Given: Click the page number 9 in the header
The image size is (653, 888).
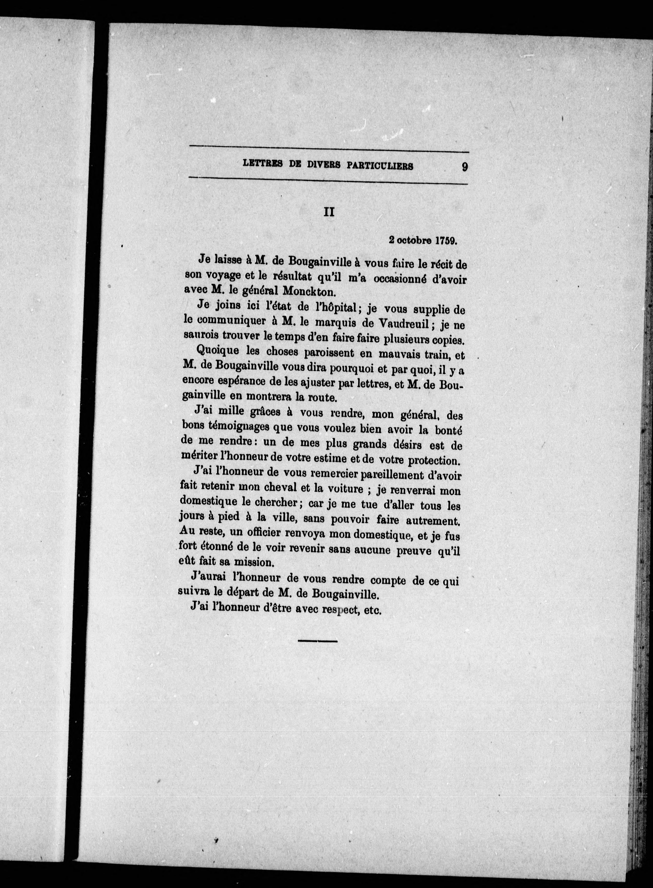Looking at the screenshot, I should point(464,166).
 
